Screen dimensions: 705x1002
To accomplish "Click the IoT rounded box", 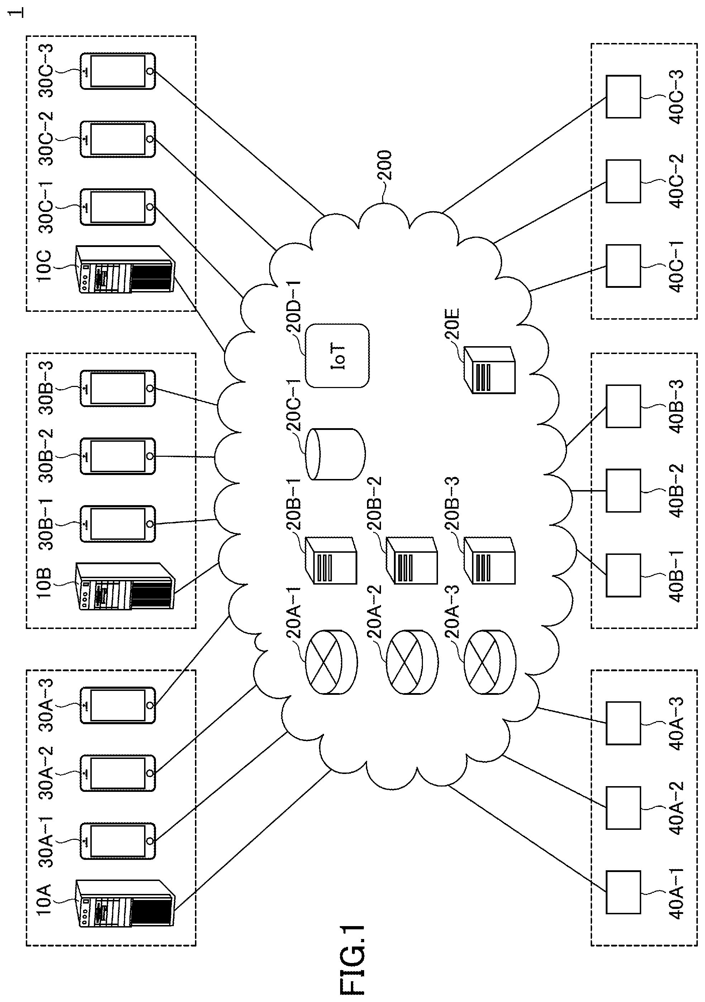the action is [337, 356].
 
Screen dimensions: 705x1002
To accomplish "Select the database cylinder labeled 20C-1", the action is [335, 454].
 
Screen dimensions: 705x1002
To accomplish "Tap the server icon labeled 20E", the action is [489, 370].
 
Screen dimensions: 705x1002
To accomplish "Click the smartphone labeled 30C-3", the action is [118, 71].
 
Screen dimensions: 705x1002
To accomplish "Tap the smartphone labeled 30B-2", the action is [118, 456].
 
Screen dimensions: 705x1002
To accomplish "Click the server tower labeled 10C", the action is [125, 269].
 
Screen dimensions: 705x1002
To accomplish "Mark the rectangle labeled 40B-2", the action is [623, 490].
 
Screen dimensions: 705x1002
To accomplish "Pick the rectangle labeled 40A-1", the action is [623, 892].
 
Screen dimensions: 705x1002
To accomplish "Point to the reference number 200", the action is [385, 165].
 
